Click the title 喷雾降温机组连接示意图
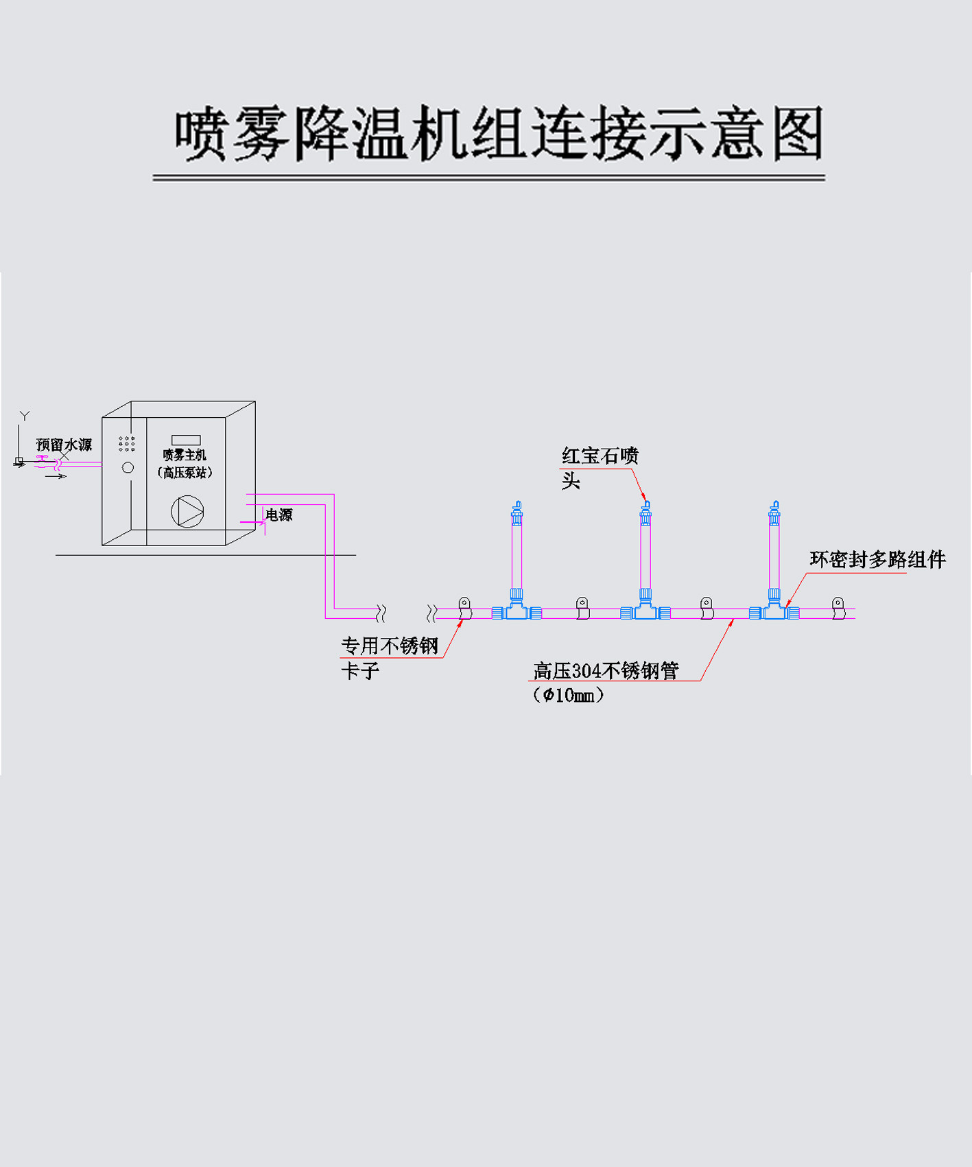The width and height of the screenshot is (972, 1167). [499, 134]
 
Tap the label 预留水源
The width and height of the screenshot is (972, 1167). [64, 445]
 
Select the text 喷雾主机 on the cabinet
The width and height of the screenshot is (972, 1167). [185, 455]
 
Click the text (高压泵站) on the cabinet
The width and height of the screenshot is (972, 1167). [185, 473]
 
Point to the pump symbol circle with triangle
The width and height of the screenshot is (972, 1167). [187, 512]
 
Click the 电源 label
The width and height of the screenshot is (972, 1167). [279, 515]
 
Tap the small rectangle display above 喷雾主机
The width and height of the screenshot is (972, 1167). [186, 440]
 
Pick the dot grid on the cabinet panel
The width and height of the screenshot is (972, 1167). [127, 444]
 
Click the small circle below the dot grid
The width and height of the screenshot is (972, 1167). [128, 468]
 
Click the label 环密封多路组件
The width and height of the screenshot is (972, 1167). [877, 560]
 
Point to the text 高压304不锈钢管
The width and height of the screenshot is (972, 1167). [606, 670]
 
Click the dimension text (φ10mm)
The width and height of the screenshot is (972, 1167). [569, 695]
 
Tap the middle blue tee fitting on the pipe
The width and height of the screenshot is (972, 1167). [645, 610]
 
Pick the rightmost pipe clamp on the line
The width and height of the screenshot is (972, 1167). [838, 608]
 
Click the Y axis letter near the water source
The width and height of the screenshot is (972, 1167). [25, 416]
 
